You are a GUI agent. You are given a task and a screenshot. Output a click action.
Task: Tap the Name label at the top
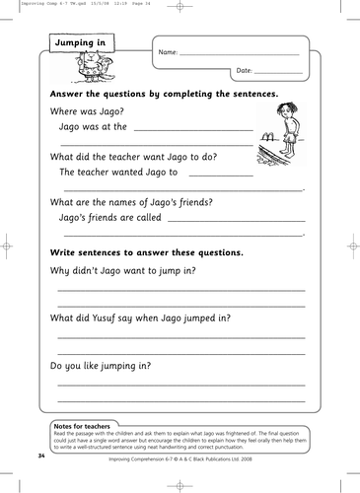click(x=168, y=50)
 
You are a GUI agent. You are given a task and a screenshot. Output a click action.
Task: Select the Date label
click(x=245, y=71)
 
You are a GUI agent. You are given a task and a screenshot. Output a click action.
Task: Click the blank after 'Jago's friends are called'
click(x=237, y=217)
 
